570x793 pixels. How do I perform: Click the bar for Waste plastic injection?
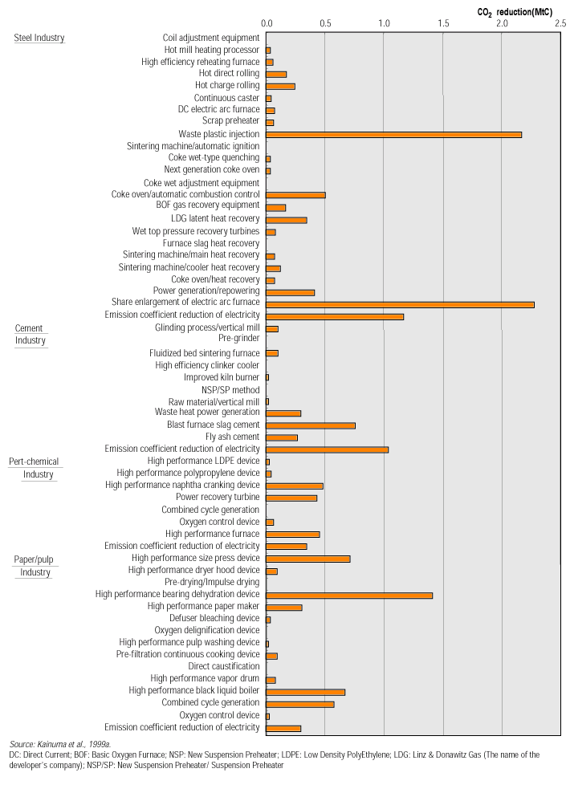pos(393,134)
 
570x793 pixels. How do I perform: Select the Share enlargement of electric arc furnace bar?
pos(400,304)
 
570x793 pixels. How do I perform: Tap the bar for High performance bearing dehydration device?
pos(349,596)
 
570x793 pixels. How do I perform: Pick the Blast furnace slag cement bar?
pos(311,425)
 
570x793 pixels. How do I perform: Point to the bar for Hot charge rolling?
pos(280,86)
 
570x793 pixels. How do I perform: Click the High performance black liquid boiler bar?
pos(305,692)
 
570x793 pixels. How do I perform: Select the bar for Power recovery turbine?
pos(291,498)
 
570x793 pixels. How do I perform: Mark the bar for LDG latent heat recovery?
pos(286,220)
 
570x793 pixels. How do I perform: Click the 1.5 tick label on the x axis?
pos(443,25)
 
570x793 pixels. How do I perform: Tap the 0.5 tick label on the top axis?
pos(325,25)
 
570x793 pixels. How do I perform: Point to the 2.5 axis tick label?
pos(560,25)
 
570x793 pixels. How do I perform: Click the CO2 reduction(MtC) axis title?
pos(515,10)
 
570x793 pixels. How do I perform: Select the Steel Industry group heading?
pos(39,38)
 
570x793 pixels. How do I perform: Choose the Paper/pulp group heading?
pos(34,559)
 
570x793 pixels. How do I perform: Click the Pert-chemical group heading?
pos(34,462)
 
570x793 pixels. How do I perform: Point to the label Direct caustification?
pos(224,666)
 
